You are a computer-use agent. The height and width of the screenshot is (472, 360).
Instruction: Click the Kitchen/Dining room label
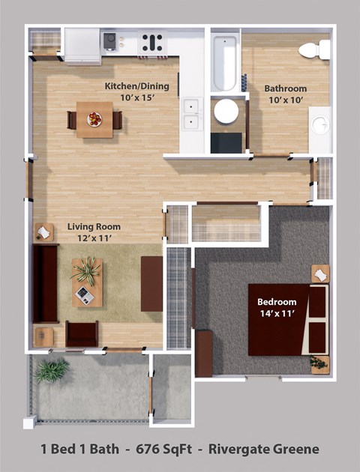(x=136, y=86)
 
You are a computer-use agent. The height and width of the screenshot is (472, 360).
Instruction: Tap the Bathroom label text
(x=286, y=88)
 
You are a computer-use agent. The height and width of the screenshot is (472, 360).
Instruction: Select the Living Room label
(x=94, y=226)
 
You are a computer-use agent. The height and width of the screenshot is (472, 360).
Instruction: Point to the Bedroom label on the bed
(x=277, y=302)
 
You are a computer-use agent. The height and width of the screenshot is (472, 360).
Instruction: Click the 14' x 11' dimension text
(x=277, y=314)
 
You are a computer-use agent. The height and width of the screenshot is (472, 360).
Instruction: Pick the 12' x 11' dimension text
(x=94, y=238)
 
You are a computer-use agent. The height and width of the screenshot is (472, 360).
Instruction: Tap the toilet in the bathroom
(x=314, y=50)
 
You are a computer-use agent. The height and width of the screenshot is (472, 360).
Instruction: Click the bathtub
(x=223, y=60)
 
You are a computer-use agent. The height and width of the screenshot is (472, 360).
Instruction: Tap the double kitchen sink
(x=192, y=113)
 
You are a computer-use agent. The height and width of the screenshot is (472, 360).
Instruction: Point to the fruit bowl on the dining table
(x=94, y=118)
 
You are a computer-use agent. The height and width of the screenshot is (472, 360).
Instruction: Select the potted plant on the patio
(x=51, y=370)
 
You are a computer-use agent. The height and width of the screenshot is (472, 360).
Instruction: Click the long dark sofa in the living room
(x=45, y=282)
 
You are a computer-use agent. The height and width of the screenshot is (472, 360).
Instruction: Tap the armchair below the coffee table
(x=82, y=333)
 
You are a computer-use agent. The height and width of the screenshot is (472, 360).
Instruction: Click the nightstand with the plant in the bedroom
(x=320, y=363)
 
